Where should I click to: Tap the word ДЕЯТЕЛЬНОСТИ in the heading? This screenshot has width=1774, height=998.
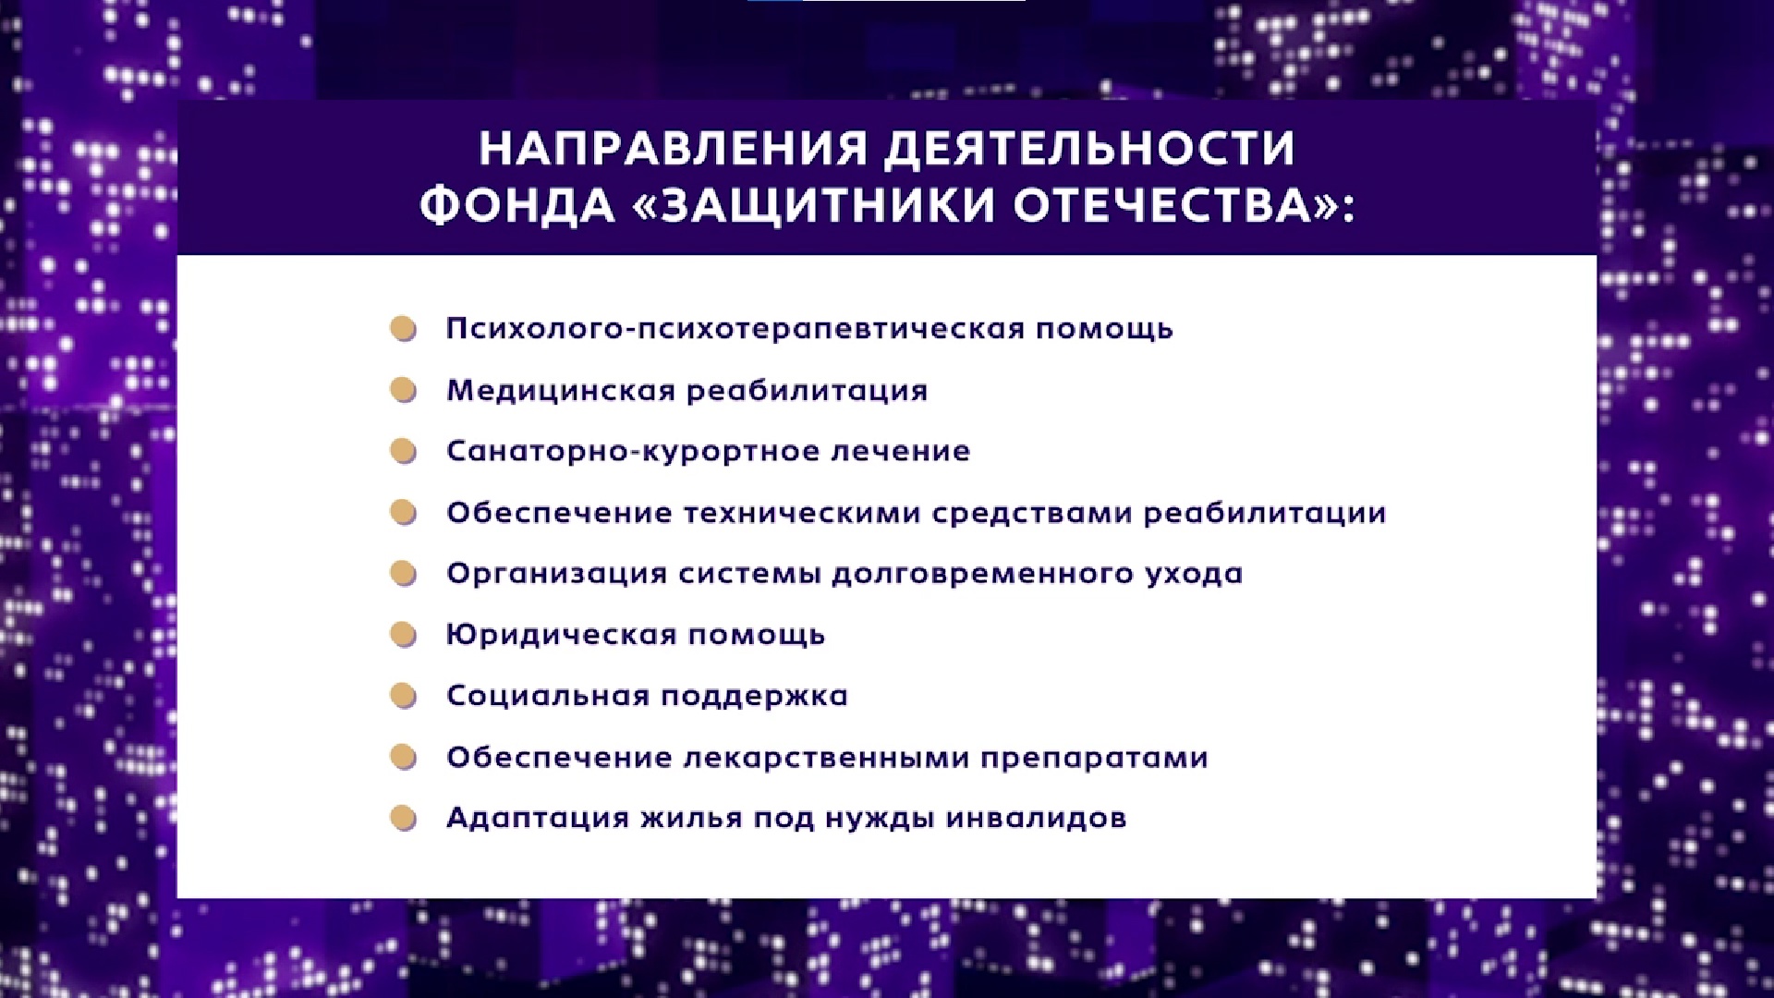pyautogui.click(x=1090, y=148)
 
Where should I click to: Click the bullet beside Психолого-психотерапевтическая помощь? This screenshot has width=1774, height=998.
pyautogui.click(x=404, y=329)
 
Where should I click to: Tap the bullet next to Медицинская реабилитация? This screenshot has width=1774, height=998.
pyautogui.click(x=404, y=390)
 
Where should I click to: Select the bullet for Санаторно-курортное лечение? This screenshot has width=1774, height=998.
pyautogui.click(x=404, y=451)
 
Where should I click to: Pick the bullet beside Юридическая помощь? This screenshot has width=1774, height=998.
pyautogui.click(x=404, y=635)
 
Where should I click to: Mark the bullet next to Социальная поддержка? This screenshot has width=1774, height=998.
pyautogui.click(x=404, y=696)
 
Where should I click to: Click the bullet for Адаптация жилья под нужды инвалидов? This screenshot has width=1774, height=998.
pyautogui.click(x=404, y=819)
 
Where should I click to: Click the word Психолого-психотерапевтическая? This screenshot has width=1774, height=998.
pyautogui.click(x=735, y=330)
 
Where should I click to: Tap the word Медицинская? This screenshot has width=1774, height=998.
pyautogui.click(x=562, y=391)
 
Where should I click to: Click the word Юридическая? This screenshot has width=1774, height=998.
pyautogui.click(x=562, y=636)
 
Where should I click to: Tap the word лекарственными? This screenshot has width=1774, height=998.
pyautogui.click(x=826, y=758)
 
